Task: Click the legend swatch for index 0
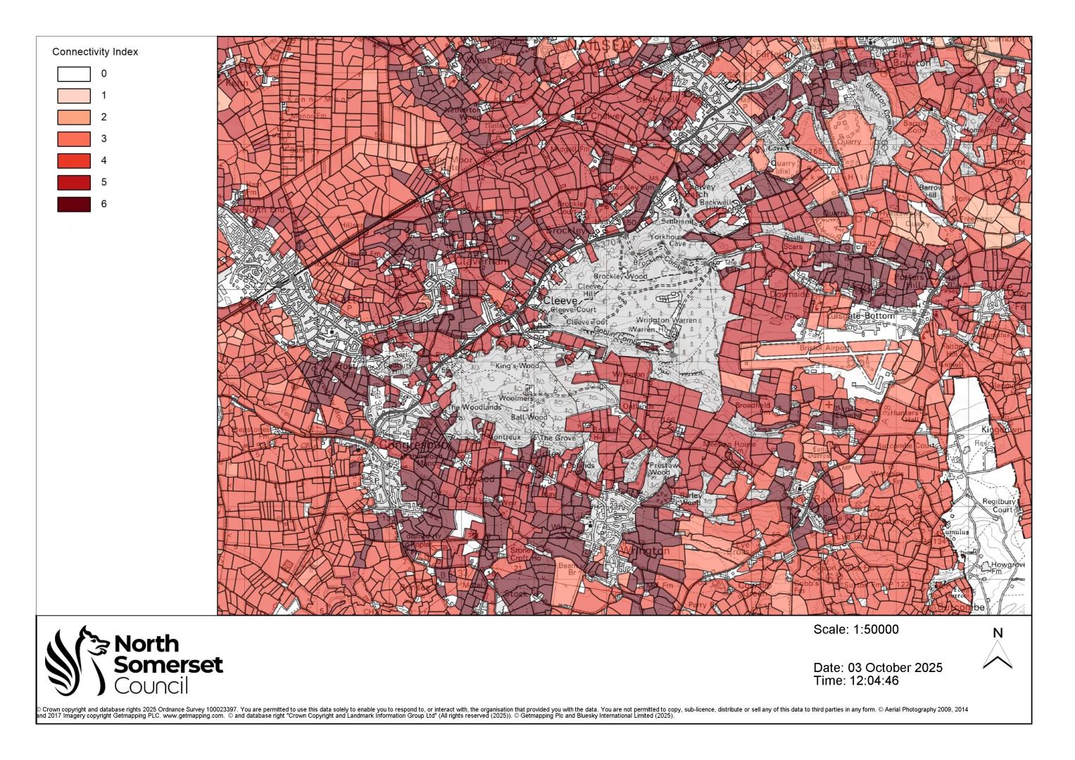(74, 74)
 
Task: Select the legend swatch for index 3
(74, 139)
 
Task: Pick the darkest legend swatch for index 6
(74, 204)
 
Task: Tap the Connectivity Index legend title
(95, 52)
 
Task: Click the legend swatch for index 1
(74, 96)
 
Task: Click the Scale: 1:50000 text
(855, 630)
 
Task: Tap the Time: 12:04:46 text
(855, 680)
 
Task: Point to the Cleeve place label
(560, 300)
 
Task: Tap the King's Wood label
(517, 367)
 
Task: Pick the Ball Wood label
(529, 417)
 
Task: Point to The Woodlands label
(474, 407)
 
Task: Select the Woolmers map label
(516, 398)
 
